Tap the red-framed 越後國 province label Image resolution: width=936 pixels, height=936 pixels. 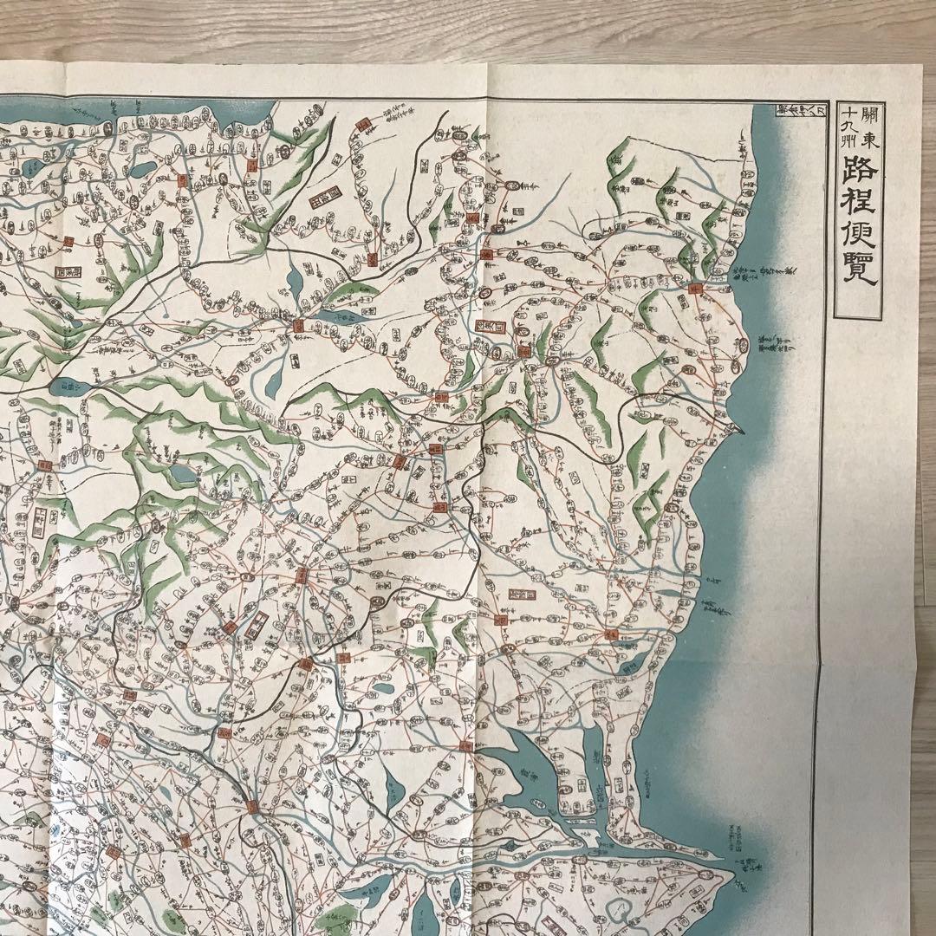click(68, 270)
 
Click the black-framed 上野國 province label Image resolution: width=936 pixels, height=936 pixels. click(39, 522)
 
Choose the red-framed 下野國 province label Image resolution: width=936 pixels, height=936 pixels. click(257, 624)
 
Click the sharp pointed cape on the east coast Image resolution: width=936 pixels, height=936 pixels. click(739, 427)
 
